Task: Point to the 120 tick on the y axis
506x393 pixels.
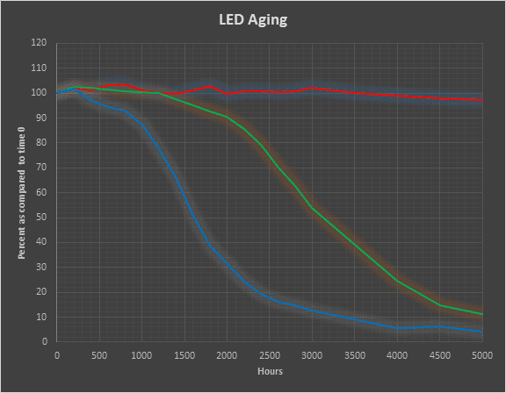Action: [x=40, y=43]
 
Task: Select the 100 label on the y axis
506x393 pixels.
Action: [x=40, y=93]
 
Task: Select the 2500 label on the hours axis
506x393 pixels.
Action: [x=270, y=355]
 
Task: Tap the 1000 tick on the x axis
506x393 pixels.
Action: [x=142, y=355]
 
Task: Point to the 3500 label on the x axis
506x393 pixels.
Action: [x=355, y=355]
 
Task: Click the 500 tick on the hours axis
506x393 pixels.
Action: [x=99, y=355]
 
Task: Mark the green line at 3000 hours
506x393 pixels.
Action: [x=313, y=207]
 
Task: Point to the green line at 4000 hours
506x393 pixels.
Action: [x=397, y=281]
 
